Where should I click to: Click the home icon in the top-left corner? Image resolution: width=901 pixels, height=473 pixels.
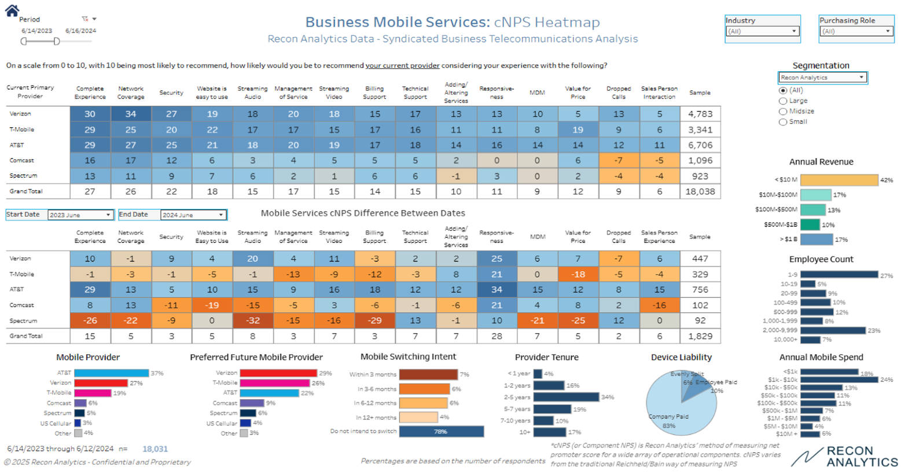[12, 10]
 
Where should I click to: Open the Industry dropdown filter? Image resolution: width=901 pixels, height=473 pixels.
[762, 31]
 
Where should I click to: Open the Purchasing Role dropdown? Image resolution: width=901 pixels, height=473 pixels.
[856, 31]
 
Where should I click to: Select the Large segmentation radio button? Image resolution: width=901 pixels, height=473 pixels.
[783, 101]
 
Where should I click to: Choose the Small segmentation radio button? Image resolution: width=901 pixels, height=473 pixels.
[783, 122]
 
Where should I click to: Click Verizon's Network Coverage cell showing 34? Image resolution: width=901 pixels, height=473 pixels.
[131, 114]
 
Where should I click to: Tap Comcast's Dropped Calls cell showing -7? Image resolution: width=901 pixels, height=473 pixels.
[618, 161]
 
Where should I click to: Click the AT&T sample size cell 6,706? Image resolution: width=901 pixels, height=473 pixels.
[700, 145]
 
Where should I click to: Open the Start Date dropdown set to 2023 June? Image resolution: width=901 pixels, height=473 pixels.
[80, 215]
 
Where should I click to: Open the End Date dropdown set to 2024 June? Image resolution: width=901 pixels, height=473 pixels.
[193, 215]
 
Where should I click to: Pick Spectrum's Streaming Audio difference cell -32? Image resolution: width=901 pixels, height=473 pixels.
[252, 320]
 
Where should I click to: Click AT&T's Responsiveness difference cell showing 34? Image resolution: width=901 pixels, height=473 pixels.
[497, 290]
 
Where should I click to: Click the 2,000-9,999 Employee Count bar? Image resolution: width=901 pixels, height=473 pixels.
[833, 330]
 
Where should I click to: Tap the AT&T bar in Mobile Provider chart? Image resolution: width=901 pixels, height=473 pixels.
[111, 374]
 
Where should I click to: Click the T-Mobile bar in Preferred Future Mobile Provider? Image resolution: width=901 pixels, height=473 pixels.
[274, 383]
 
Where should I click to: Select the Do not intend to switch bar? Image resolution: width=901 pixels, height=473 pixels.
[441, 431]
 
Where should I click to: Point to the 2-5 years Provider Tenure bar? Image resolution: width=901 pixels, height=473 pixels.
[566, 397]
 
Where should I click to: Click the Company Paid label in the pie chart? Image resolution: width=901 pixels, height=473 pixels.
[668, 417]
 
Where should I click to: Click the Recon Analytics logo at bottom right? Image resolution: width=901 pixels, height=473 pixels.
[844, 456]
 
